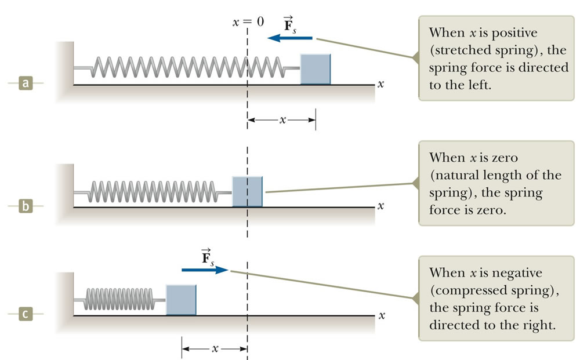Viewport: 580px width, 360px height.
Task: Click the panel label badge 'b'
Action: point(25,206)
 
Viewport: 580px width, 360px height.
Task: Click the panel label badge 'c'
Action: point(25,315)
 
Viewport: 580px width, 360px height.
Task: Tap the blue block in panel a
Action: point(315,69)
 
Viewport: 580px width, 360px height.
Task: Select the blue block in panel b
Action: point(247,191)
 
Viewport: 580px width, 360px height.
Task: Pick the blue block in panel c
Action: point(181,300)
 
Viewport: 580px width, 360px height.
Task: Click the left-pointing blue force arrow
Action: point(289,38)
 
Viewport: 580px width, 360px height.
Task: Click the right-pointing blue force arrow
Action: point(205,270)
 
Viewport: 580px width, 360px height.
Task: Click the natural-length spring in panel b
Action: point(154,191)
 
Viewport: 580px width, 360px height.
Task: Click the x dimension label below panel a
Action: point(282,120)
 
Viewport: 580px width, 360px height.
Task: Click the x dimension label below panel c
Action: point(215,349)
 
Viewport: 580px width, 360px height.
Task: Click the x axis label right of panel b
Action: point(380,206)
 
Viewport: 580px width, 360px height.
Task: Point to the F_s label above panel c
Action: point(207,257)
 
